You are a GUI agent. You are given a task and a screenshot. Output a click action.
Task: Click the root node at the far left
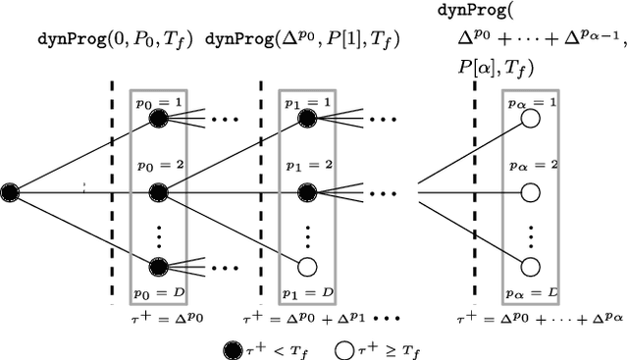pos(13,190)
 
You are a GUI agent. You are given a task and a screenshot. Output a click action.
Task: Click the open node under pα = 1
pos(531,118)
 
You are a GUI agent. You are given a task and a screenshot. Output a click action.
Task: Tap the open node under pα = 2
pos(531,190)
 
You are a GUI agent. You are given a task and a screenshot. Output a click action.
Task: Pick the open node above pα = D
pos(531,266)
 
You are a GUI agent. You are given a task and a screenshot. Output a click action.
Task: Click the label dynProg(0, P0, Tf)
pos(115,40)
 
